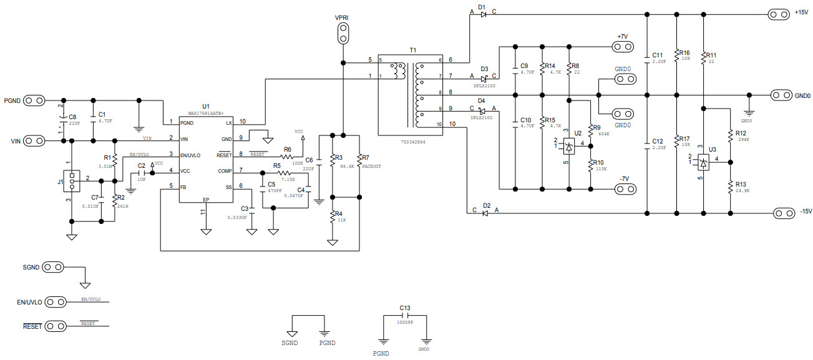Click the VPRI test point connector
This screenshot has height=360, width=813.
[342, 33]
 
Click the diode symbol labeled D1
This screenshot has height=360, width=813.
[484, 14]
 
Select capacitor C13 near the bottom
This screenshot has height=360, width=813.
[404, 316]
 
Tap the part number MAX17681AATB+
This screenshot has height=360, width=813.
[206, 114]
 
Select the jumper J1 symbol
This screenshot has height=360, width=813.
[72, 181]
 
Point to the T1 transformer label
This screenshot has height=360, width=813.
[413, 50]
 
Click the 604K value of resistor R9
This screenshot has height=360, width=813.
[603, 134]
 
